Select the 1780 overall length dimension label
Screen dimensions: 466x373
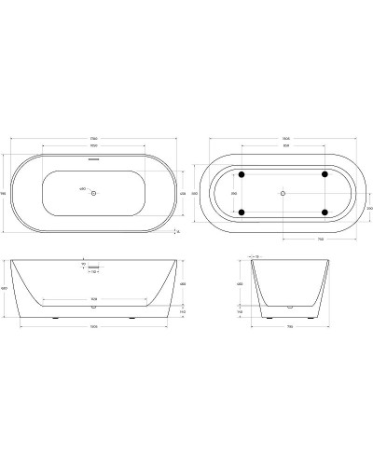(x=94, y=140)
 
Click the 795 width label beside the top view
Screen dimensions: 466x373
(x=5, y=193)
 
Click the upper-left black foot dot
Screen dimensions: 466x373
(x=242, y=173)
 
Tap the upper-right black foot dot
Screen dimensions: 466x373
(x=325, y=173)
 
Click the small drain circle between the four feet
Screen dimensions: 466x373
(x=283, y=193)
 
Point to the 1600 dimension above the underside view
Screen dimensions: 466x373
(x=283, y=140)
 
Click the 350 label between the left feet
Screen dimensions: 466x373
(x=234, y=193)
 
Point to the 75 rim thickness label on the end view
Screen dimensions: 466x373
(x=257, y=254)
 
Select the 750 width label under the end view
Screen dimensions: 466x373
(x=291, y=326)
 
